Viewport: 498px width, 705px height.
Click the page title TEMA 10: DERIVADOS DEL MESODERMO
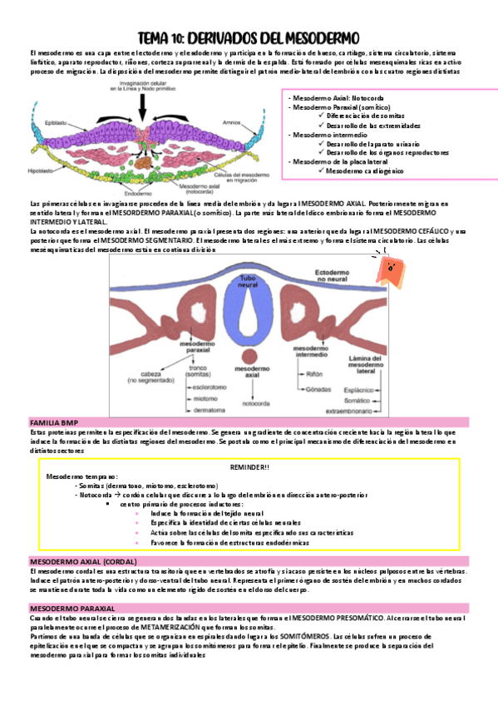[248, 38]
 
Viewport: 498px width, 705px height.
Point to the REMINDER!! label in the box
[249, 468]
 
